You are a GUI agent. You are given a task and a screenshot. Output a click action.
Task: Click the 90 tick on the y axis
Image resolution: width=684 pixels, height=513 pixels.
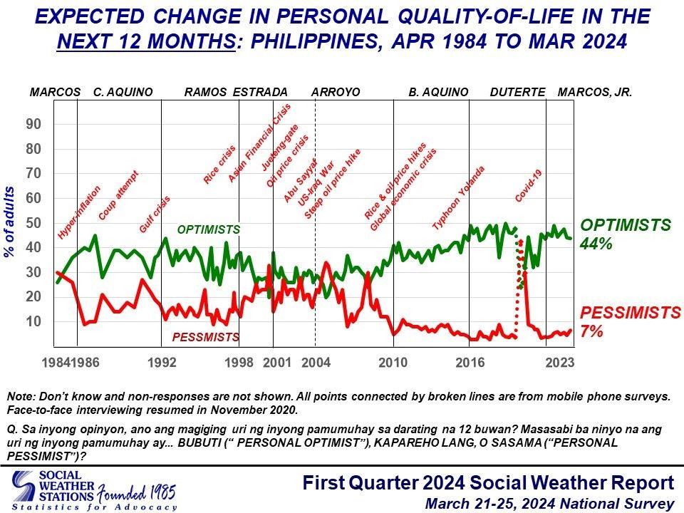(33, 124)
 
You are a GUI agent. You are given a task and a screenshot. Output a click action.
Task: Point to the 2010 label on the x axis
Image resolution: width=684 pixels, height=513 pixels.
(393, 362)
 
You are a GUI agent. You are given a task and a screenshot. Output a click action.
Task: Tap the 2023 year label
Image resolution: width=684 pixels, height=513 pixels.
(559, 362)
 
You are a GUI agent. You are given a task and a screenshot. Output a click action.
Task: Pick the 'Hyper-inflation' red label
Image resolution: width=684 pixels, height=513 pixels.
(79, 212)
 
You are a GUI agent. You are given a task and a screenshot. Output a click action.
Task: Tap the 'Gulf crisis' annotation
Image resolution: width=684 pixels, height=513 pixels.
(155, 214)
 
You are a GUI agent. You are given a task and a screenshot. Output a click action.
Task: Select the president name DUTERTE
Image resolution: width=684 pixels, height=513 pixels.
(517, 93)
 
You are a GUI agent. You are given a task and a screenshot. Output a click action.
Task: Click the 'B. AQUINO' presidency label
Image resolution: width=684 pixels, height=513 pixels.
(438, 93)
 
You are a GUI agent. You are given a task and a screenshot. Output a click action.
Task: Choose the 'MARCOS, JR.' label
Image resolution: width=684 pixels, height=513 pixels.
(595, 93)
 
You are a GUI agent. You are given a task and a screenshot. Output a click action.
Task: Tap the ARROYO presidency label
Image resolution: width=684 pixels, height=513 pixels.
(336, 93)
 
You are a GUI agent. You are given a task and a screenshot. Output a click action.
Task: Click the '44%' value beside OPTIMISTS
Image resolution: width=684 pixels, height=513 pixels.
(596, 244)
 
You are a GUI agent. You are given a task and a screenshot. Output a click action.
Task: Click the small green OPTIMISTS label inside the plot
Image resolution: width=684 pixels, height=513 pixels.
(208, 230)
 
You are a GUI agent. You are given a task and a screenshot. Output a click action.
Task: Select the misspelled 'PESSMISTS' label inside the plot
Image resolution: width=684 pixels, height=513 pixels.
(206, 336)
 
